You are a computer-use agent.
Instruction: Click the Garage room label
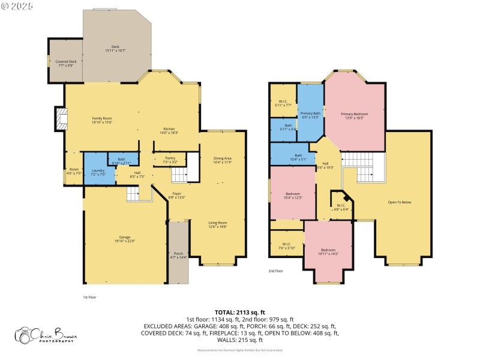(x=125, y=239)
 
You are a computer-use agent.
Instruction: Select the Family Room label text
(x=102, y=120)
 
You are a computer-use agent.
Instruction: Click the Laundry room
(x=98, y=172)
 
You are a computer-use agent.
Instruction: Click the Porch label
(x=178, y=255)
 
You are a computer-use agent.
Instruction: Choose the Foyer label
(x=177, y=195)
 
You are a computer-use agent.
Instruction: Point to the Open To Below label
(x=400, y=202)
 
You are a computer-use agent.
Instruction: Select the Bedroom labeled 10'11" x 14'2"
(x=328, y=251)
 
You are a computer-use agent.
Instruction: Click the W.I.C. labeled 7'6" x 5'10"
(x=286, y=246)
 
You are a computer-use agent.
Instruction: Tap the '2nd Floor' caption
(x=275, y=271)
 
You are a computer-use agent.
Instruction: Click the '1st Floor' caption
(x=89, y=297)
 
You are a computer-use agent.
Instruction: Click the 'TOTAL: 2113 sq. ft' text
(x=239, y=313)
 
